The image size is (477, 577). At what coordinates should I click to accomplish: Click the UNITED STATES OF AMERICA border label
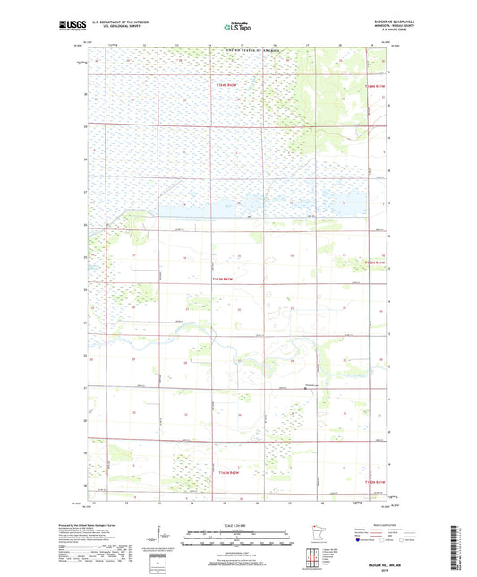pos(239,51)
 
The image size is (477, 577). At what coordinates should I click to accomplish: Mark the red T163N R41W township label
pos(375,262)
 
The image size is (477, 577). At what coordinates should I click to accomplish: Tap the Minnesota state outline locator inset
pos(324,534)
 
